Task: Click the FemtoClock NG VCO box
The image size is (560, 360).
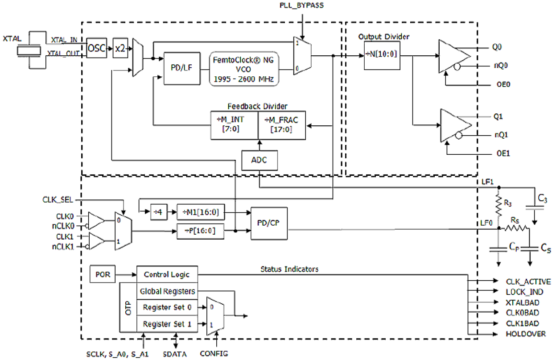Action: [245, 68]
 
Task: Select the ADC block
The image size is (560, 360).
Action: [259, 160]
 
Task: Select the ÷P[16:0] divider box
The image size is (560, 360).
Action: [200, 231]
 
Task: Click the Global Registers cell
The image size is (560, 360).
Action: [167, 291]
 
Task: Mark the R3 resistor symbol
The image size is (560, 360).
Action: [498, 205]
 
